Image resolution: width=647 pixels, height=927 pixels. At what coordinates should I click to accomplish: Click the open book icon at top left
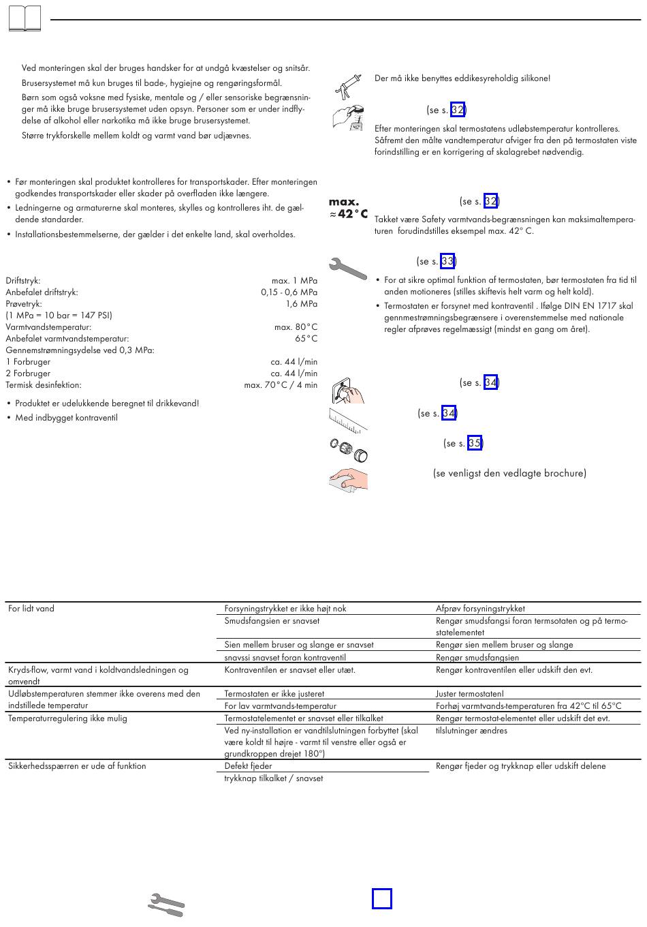pyautogui.click(x=25, y=19)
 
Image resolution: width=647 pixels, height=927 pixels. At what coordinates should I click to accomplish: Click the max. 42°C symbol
pyautogui.click(x=348, y=209)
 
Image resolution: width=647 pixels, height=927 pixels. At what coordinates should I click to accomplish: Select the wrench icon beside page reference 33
pyautogui.click(x=347, y=267)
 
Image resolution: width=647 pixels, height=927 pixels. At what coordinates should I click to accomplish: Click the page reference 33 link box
pyautogui.click(x=447, y=261)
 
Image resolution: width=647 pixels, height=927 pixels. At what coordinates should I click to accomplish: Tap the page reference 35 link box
pyautogui.click(x=475, y=443)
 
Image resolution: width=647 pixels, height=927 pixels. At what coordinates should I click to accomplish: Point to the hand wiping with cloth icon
pyautogui.click(x=348, y=479)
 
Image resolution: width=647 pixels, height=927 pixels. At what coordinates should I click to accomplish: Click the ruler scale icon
pyautogui.click(x=348, y=419)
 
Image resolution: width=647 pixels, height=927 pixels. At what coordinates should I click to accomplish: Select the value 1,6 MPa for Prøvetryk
pyautogui.click(x=301, y=304)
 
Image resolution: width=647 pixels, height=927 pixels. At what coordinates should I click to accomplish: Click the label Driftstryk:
pyautogui.click(x=23, y=281)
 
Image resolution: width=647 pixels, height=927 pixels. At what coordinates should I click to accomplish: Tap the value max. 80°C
pyautogui.click(x=296, y=327)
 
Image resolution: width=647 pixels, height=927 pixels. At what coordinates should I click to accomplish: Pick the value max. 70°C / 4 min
pyautogui.click(x=281, y=385)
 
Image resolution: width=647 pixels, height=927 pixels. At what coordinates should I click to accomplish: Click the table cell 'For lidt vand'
pyautogui.click(x=31, y=609)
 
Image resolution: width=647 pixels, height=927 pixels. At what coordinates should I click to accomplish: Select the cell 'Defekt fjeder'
pyautogui.click(x=248, y=766)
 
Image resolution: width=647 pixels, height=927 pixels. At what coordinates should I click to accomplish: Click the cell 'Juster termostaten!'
pyautogui.click(x=469, y=694)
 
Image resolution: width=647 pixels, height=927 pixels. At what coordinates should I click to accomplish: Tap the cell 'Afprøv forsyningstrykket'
pyautogui.click(x=480, y=609)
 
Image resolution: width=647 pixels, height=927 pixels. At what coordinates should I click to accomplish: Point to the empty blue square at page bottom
pyautogui.click(x=382, y=898)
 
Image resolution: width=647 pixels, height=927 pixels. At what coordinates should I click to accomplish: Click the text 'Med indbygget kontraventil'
pyautogui.click(x=66, y=418)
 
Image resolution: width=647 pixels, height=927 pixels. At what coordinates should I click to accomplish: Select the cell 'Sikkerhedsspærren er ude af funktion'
pyautogui.click(x=77, y=766)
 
